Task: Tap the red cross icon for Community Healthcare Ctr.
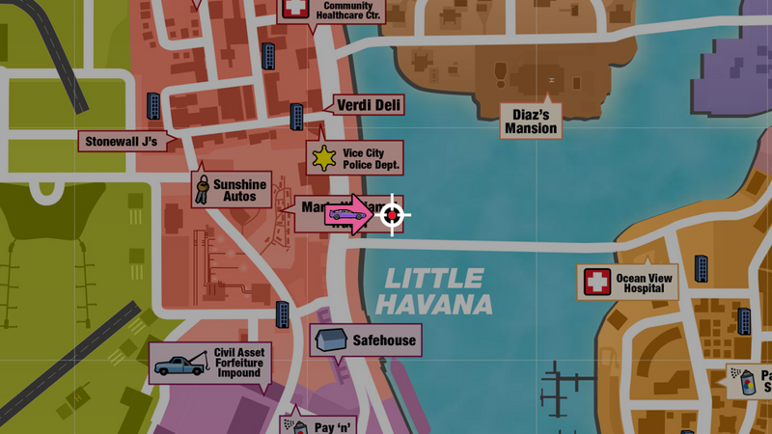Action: coord(293,10)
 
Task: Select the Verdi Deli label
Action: coord(369,105)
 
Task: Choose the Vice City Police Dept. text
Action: coord(371,158)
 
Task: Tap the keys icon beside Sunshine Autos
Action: coord(202,188)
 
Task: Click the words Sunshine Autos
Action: coord(239,190)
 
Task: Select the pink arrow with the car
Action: coord(349,214)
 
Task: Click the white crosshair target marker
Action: coord(392,214)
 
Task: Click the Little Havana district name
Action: coord(433,292)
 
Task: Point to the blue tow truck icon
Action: coord(179,365)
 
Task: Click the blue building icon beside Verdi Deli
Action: coord(297,117)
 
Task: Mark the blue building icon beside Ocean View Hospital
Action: coord(702,269)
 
